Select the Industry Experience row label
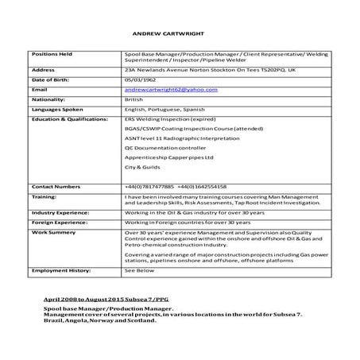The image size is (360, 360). (59, 214)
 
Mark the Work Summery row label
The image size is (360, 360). (51, 233)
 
